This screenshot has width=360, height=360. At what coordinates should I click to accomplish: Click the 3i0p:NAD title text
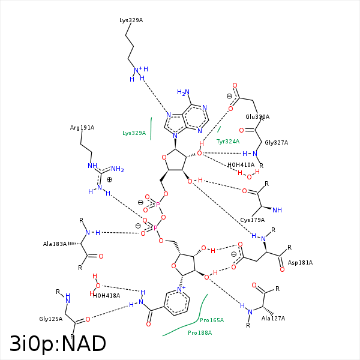(58, 344)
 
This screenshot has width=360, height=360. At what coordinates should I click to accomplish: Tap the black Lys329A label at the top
(131, 20)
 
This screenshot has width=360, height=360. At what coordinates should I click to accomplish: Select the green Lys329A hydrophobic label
(134, 133)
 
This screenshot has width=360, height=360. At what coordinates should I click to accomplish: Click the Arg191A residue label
(82, 128)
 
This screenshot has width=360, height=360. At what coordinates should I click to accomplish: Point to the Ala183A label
(55, 244)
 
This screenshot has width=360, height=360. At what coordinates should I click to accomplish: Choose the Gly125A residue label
(51, 319)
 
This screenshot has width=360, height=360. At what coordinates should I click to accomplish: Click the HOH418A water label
(106, 295)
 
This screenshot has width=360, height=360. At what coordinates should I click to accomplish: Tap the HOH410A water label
(241, 164)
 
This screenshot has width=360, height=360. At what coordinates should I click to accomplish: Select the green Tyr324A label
(228, 142)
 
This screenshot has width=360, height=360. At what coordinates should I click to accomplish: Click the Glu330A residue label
(257, 117)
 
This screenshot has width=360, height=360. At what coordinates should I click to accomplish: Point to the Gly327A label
(277, 143)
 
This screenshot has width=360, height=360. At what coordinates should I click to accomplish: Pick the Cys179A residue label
(253, 220)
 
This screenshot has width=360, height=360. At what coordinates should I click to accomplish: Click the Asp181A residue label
(301, 263)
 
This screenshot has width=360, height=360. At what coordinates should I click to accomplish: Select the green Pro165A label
(212, 320)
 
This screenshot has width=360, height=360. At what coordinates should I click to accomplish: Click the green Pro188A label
(200, 332)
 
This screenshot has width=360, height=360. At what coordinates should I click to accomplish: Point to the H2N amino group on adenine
(184, 92)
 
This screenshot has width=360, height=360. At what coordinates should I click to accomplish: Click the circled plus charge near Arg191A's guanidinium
(109, 179)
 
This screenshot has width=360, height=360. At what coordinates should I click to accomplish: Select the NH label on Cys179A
(277, 210)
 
